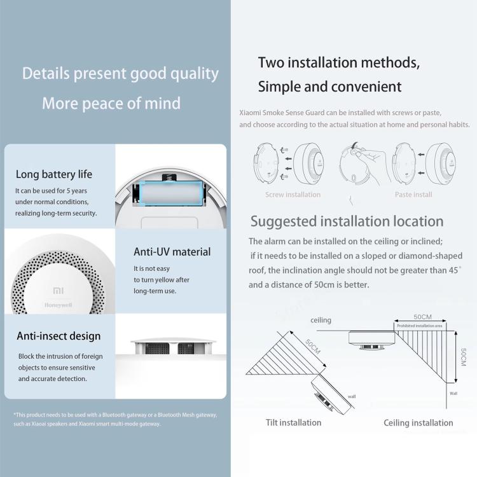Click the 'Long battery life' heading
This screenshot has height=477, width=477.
point(54,174)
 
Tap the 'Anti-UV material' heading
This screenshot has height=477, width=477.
point(172,252)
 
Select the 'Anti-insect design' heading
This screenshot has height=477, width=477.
point(58,336)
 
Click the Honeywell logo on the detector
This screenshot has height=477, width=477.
point(59,305)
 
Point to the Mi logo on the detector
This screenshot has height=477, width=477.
point(58,291)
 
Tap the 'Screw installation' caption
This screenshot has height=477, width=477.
point(293,195)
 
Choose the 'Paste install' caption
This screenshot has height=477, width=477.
point(413,195)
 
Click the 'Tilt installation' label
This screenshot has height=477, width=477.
point(293,422)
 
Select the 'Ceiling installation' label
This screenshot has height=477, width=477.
point(418,423)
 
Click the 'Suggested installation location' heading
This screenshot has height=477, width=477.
point(347,221)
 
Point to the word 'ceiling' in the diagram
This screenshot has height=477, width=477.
point(321,321)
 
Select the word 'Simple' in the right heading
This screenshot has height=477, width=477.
point(281,86)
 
